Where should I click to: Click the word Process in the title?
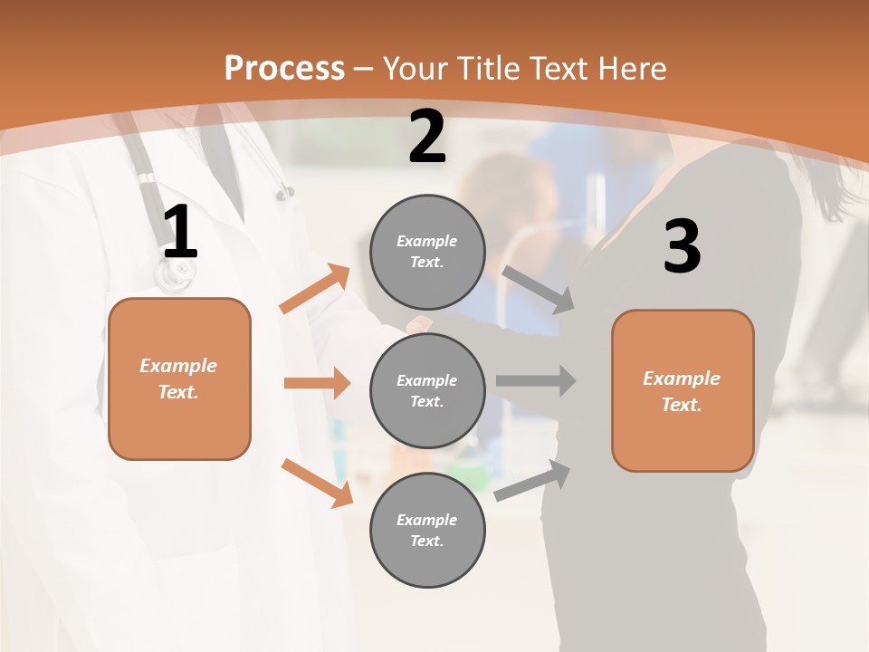coord(284,68)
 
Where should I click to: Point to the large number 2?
coord(427,138)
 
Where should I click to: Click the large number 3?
coord(682,247)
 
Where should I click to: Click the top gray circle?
coord(427,252)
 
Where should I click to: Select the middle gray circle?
coord(427,390)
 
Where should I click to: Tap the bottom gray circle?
coord(427,530)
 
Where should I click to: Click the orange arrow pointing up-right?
coord(315,289)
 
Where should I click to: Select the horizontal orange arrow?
coord(317,383)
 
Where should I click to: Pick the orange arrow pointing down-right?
coord(317,483)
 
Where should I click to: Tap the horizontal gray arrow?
coord(535,380)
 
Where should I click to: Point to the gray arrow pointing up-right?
coord(533,480)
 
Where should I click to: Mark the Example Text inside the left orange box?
coord(178,379)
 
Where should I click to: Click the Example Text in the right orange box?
coord(682,391)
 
